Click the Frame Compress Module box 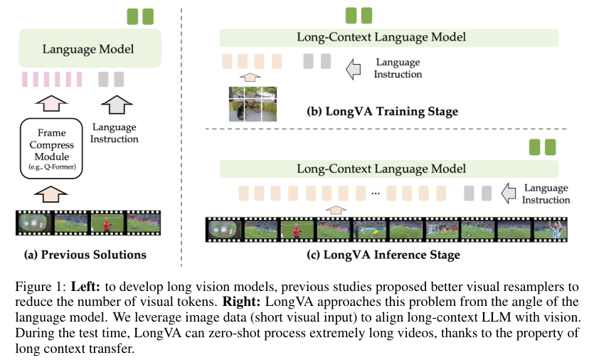pos(51,148)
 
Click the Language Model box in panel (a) pos(90,48)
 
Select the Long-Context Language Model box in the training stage pos(389,38)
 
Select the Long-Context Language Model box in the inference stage pos(389,169)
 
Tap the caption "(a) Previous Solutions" pos(85,255)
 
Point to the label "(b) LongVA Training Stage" pos(382,112)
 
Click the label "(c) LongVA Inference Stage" pos(383,255)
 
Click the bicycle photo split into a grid pos(253,104)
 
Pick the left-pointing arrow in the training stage pos(353,69)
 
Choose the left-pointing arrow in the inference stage pos(509,193)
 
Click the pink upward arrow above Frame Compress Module pos(51,103)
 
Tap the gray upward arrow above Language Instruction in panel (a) pos(117,104)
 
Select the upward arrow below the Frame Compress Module pos(51,194)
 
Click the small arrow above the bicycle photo pos(250,78)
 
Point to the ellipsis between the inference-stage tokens pos(376,194)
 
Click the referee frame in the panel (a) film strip pos(107,223)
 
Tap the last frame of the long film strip pos(550,229)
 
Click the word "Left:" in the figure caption pos(85,287)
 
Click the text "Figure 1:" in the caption pos(41,287)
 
